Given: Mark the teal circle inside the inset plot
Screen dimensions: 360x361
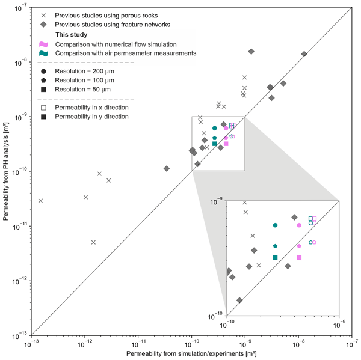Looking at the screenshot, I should [x=275, y=225].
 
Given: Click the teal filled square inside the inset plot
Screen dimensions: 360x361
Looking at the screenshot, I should [x=275, y=257].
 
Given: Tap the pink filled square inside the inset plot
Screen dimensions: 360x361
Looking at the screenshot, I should [x=299, y=257].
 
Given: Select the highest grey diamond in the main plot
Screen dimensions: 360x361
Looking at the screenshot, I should [x=251, y=52].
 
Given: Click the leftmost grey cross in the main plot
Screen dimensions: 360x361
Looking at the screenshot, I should [x=41, y=200].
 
